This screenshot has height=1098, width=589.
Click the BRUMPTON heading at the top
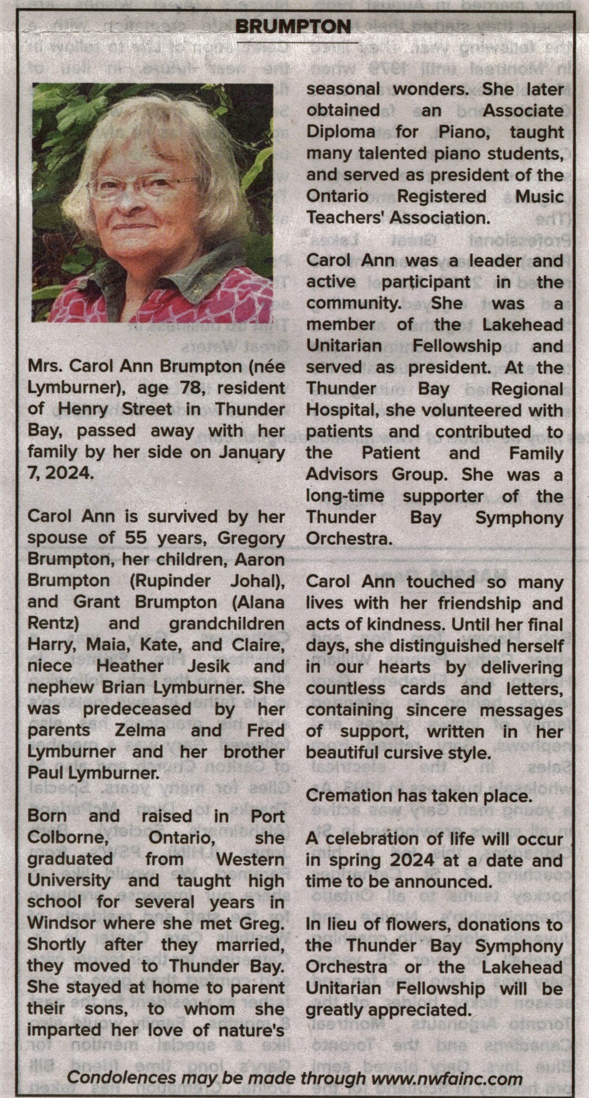[x=293, y=26]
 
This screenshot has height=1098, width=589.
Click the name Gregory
[x=251, y=538]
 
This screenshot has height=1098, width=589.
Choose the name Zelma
[x=140, y=730]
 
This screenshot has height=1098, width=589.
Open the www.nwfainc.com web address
[x=447, y=1078]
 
